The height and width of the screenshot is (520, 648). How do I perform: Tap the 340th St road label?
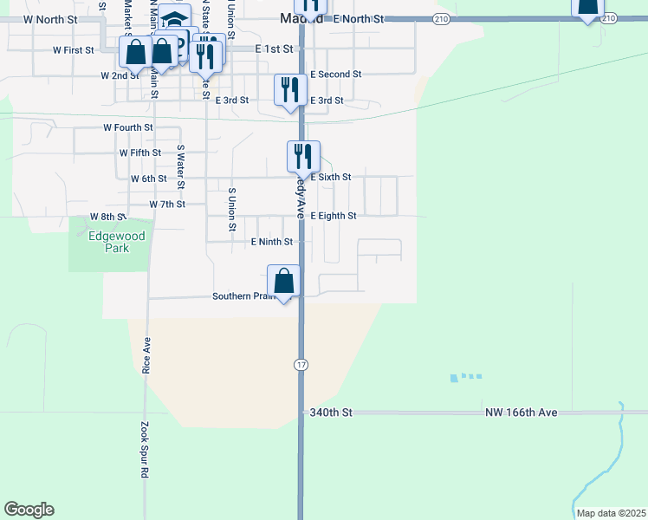(x=332, y=413)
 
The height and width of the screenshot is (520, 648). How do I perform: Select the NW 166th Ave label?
(x=520, y=413)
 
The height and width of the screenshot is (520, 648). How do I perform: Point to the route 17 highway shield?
(x=301, y=366)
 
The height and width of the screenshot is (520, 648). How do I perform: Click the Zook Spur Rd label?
(x=145, y=451)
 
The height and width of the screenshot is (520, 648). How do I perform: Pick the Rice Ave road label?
(x=146, y=354)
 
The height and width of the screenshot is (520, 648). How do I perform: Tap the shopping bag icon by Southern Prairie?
(x=283, y=282)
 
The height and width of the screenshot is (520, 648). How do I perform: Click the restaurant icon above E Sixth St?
(x=303, y=157)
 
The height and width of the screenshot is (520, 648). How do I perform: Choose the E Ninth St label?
(x=272, y=243)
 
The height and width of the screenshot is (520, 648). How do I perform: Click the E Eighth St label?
(x=334, y=216)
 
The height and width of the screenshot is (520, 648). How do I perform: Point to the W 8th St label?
(x=108, y=217)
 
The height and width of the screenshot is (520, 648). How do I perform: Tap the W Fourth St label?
(x=128, y=127)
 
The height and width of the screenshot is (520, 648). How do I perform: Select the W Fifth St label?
(x=140, y=153)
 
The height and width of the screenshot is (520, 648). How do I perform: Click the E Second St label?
(x=336, y=75)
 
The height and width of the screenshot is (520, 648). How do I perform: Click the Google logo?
(x=29, y=510)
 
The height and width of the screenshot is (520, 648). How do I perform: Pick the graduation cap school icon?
(x=176, y=19)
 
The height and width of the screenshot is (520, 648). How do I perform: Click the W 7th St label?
(x=167, y=205)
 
